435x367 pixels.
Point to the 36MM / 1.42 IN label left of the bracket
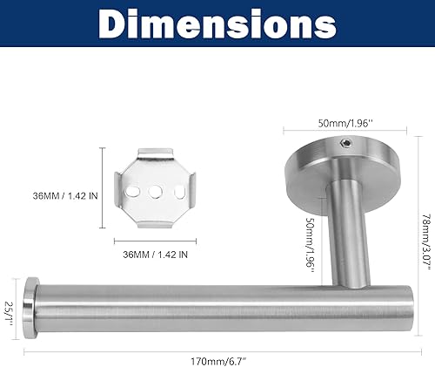tap(63, 194)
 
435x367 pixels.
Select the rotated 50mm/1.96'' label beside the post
tap(311, 234)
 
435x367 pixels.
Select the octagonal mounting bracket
tap(159, 191)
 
